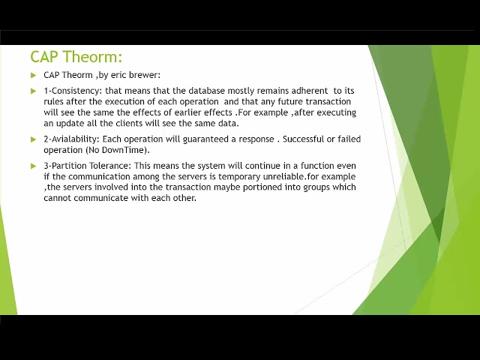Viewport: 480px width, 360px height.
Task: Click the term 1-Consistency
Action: coord(73,91)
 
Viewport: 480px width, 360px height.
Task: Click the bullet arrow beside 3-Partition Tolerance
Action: coord(34,166)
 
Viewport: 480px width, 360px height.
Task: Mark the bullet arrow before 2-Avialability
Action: coord(34,139)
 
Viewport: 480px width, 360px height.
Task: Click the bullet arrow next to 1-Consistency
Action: coord(34,91)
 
